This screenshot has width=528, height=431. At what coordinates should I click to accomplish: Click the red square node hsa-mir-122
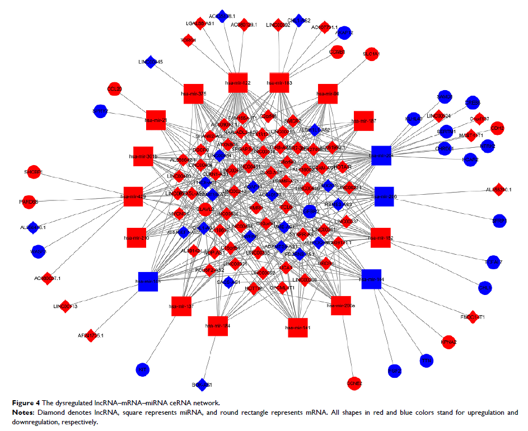[x=238, y=82]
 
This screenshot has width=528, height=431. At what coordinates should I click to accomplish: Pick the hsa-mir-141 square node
[x=297, y=325]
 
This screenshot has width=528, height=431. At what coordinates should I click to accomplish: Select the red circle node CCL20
[x=115, y=90]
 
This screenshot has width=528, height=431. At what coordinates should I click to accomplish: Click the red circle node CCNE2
[x=354, y=383]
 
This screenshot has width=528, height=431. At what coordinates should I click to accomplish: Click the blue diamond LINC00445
[x=150, y=62]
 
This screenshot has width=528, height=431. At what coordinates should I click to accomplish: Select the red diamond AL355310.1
[x=499, y=190]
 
